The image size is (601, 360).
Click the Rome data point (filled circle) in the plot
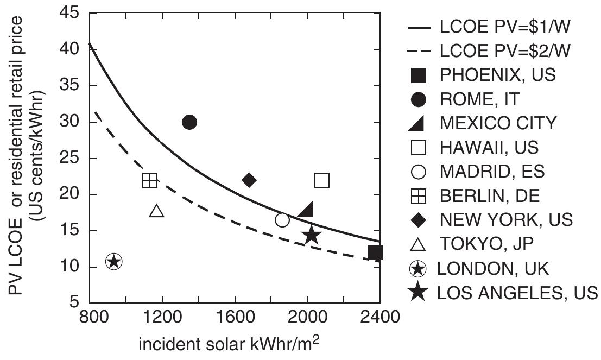pos(189,122)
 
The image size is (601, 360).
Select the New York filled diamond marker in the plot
pos(249,180)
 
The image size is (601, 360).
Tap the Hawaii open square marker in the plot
pos(322,180)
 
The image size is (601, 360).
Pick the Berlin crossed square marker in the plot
pos(150,180)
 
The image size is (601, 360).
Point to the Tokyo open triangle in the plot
pos(156,211)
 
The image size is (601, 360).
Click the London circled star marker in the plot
pos(113,262)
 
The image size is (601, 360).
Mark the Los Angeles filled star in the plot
pos(312,235)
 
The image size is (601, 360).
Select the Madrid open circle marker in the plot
pos(282,220)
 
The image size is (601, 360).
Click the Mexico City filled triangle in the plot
pos(306,209)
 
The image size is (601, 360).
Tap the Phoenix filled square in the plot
pos(375,252)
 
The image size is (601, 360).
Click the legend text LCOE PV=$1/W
pos(497,26)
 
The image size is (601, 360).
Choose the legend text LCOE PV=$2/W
pos(497,50)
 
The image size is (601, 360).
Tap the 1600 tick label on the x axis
pos(235,315)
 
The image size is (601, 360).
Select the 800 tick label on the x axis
pos(90,315)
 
